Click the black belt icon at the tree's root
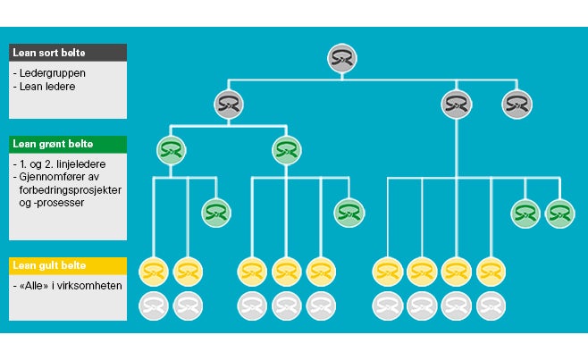pos(340,58)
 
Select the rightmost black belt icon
pos(517,105)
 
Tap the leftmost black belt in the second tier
pos(228,105)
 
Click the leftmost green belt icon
pos(171,149)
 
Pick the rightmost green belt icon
pos(559,213)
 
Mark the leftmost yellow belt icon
pos(154,270)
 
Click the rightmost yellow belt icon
pos(490,270)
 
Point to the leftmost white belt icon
pos(154,306)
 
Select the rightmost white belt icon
pos(490,306)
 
